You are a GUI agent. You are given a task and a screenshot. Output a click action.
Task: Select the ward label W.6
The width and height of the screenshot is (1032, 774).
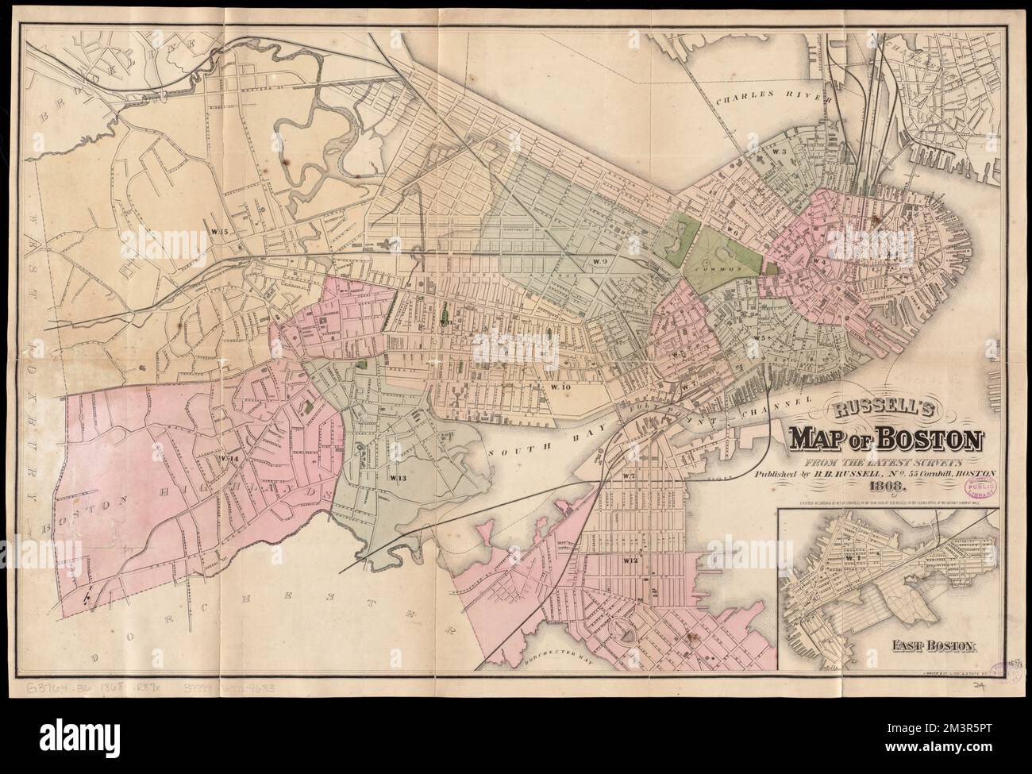733,233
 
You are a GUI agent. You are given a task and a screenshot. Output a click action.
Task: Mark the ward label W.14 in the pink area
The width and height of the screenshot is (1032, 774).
230,458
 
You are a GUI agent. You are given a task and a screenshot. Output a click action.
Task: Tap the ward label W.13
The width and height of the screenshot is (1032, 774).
398,478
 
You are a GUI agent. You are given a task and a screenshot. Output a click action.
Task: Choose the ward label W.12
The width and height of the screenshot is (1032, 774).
631,561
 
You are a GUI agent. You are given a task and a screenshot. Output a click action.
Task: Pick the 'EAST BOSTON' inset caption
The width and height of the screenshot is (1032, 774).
928,645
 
